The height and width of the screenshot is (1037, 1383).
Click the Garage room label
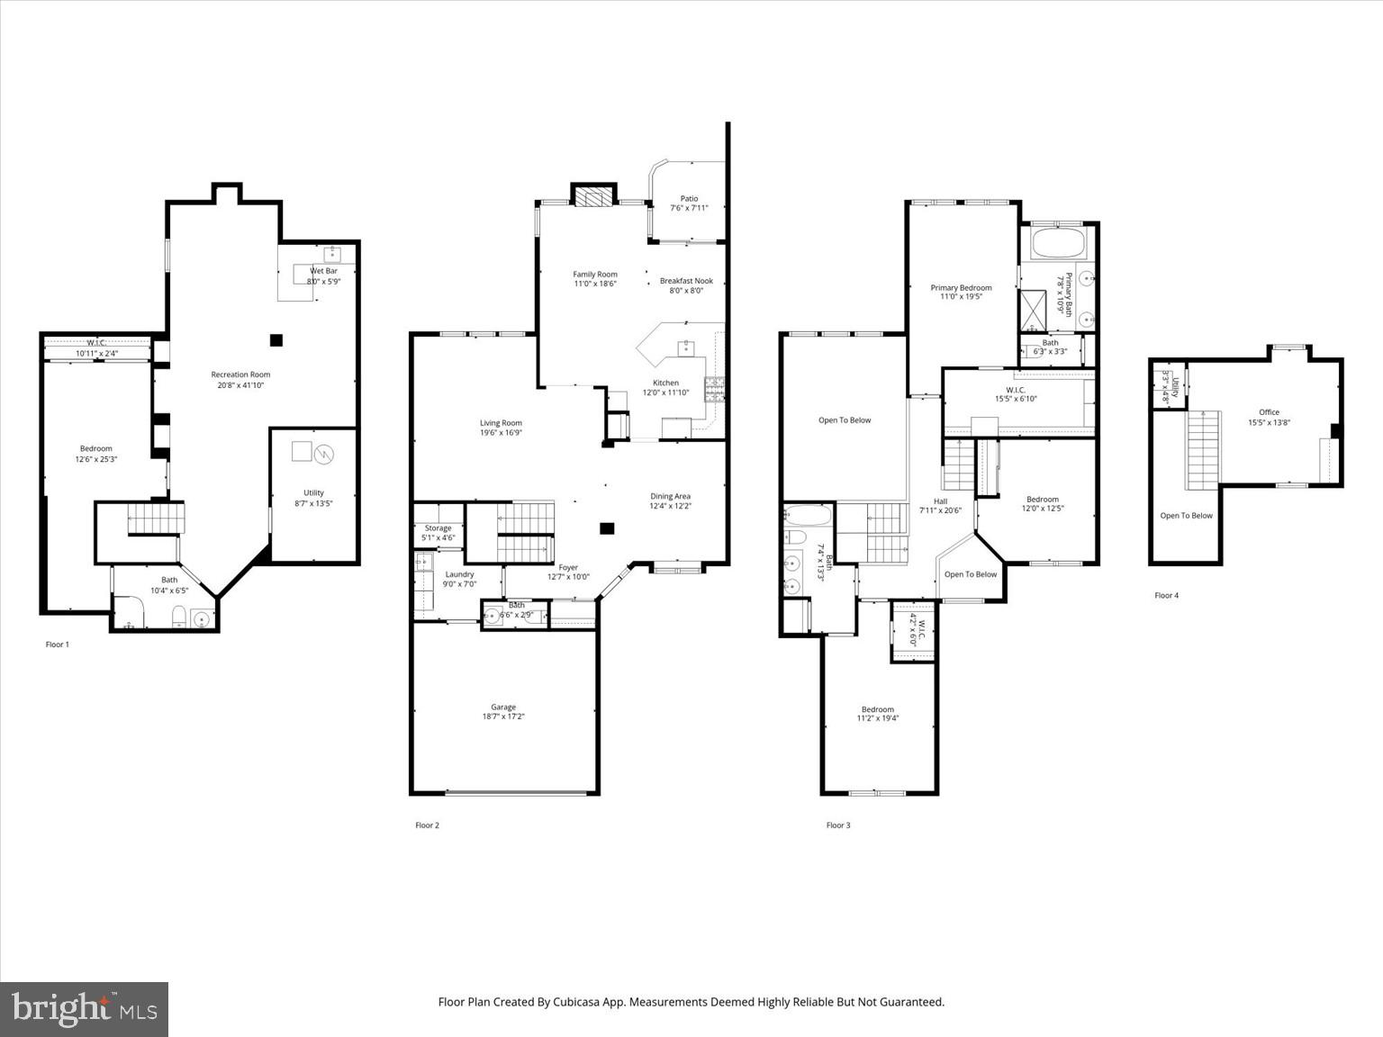pos(503,708)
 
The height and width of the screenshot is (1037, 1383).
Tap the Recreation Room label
pos(240,374)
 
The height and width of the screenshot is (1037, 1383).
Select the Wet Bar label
pos(323,271)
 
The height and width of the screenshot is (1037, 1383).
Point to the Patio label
pos(689,199)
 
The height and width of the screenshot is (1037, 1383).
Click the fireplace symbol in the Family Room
pos(593,197)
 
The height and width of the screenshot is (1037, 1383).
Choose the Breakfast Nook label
pos(686,281)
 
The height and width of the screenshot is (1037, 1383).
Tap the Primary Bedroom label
pos(961,288)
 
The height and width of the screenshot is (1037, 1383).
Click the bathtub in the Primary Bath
pos(1058,243)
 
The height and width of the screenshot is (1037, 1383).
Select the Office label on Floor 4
pos(1269,412)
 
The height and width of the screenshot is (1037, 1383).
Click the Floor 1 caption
pos(58,645)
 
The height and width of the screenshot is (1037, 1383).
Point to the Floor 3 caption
pos(838,825)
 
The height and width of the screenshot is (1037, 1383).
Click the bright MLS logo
pos(85,1008)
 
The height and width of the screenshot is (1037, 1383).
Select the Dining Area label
pos(671,496)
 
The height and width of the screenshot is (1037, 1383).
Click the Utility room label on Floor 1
pos(313,492)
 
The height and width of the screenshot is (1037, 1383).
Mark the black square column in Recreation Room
pos(276,339)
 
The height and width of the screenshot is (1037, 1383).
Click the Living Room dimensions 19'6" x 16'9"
pos(501,433)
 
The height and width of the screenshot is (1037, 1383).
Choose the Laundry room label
pos(459,574)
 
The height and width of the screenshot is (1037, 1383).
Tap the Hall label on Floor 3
pos(940,501)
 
